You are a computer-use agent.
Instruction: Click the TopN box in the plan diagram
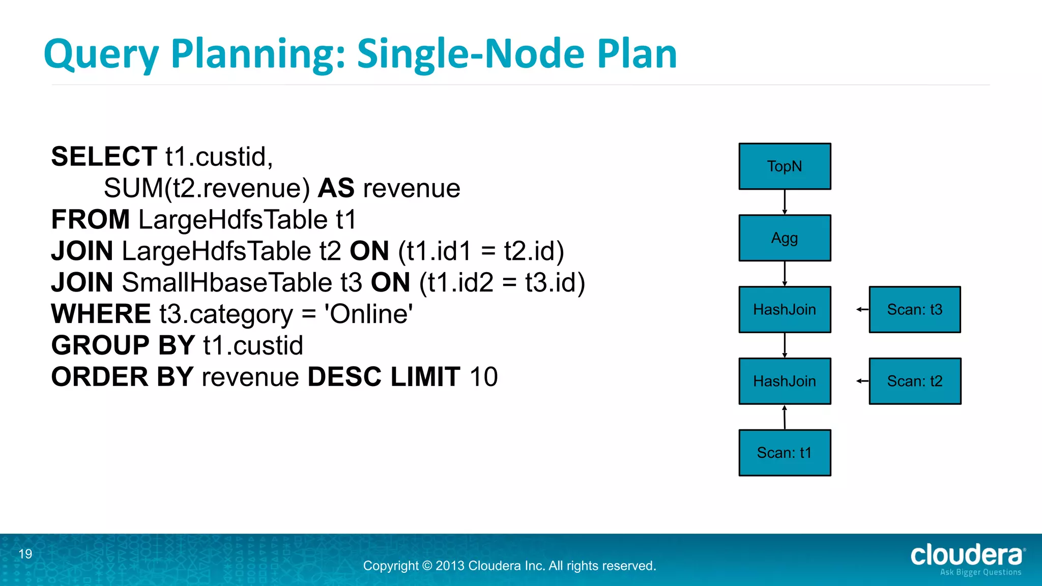click(x=785, y=166)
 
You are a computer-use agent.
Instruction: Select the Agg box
click(x=785, y=238)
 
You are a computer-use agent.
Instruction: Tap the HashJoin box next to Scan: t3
click(x=785, y=309)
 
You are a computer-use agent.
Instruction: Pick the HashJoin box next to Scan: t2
click(x=785, y=381)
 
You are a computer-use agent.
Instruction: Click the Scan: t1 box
click(x=785, y=453)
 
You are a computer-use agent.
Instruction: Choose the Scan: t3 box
click(x=915, y=309)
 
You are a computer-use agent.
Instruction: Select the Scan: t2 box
click(x=915, y=381)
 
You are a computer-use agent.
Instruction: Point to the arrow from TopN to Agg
click(x=785, y=202)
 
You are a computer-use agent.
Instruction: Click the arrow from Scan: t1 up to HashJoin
click(x=785, y=417)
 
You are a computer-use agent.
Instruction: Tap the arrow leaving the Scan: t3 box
click(x=862, y=309)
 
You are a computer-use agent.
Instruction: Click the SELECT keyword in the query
click(x=104, y=157)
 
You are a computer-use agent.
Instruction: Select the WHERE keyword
click(x=101, y=314)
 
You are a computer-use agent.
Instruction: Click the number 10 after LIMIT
click(x=483, y=377)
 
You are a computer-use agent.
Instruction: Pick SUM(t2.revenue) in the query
click(x=207, y=188)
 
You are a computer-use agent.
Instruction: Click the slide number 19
click(x=25, y=554)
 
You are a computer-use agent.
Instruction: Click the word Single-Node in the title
click(x=471, y=54)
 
